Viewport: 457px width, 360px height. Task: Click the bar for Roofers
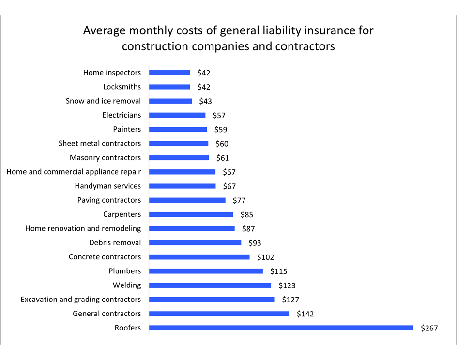pyautogui.click(x=281, y=328)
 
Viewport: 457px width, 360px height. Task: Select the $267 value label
pyautogui.click(x=429, y=328)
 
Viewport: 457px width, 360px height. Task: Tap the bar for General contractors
pyautogui.click(x=219, y=314)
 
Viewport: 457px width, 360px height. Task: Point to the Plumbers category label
pyautogui.click(x=125, y=271)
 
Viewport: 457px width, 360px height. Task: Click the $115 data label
pyautogui.click(x=279, y=271)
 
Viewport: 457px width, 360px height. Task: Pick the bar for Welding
pyautogui.click(x=210, y=285)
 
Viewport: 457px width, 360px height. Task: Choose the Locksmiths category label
pyautogui.click(x=122, y=87)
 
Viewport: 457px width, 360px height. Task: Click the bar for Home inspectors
pyautogui.click(x=169, y=73)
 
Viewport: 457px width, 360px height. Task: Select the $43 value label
pyautogui.click(x=206, y=102)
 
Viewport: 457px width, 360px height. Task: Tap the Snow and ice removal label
pyautogui.click(x=104, y=101)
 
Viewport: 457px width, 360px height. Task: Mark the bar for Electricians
pyautogui.click(x=177, y=115)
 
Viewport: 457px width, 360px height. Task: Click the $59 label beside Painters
pyautogui.click(x=221, y=130)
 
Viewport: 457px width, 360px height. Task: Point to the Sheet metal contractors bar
pyautogui.click(x=179, y=144)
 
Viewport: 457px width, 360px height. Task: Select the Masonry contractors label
pyautogui.click(x=106, y=157)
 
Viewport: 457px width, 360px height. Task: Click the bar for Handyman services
pyautogui.click(x=182, y=186)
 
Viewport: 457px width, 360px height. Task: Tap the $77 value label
pyautogui.click(x=239, y=201)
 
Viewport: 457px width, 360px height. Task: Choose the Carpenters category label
pyautogui.click(x=122, y=214)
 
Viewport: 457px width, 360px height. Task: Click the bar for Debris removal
pyautogui.click(x=195, y=243)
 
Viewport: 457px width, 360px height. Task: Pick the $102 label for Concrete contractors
pyautogui.click(x=265, y=257)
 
